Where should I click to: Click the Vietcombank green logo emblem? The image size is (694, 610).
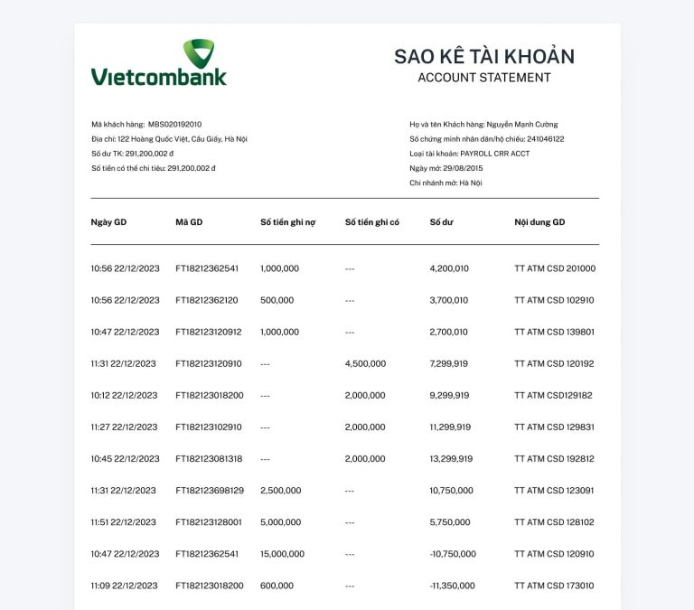point(199,52)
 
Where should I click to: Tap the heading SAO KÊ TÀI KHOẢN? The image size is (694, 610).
point(483,56)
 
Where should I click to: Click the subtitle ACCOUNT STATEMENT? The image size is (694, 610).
point(483,78)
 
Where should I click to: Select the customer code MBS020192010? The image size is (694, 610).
point(175,124)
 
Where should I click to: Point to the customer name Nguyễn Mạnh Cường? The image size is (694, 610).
point(522,124)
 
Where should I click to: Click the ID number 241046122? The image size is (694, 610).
point(545,139)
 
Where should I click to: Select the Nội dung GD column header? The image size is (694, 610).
point(539,222)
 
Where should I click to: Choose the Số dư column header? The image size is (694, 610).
point(441,222)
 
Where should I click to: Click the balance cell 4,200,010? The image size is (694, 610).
point(449,268)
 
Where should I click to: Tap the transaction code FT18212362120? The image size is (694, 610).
point(207,300)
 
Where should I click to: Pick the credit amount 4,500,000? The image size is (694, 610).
point(365,363)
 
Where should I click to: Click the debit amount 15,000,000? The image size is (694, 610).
point(282,554)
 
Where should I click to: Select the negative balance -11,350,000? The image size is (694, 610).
point(452,586)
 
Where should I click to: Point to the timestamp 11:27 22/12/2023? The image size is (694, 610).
point(124,427)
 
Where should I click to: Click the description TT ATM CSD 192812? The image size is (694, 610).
point(554,458)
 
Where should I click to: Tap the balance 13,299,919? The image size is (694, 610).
point(451,458)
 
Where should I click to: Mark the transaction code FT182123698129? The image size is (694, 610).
point(210,491)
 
